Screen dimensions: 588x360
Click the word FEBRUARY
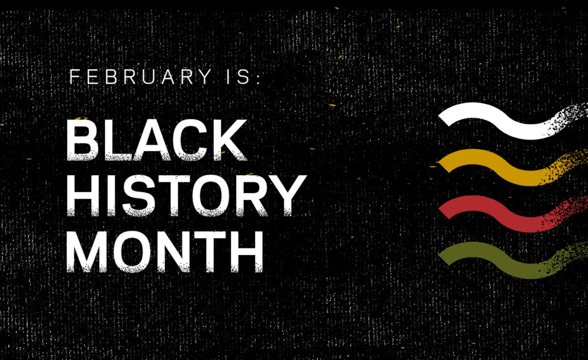[141, 76]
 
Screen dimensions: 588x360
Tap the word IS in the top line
[238, 76]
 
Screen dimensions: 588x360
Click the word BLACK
[157, 140]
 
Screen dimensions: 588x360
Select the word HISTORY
[187, 196]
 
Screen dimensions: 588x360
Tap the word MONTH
[165, 252]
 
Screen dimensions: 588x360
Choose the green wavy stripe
[513, 261]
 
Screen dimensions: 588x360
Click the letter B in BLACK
[83, 140]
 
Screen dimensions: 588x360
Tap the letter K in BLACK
[230, 140]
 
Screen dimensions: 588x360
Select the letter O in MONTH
[132, 252]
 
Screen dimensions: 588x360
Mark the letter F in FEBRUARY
[74, 76]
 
